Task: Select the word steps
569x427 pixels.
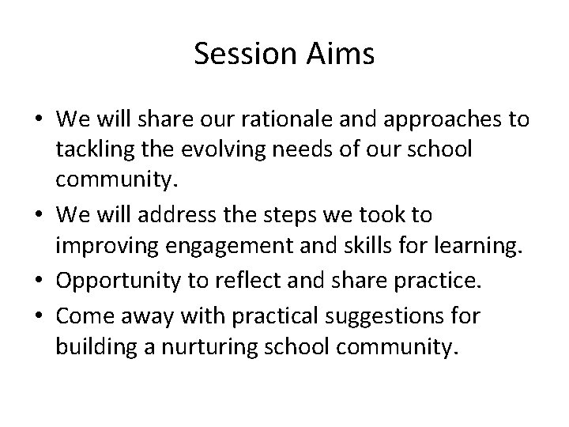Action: (x=304, y=215)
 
